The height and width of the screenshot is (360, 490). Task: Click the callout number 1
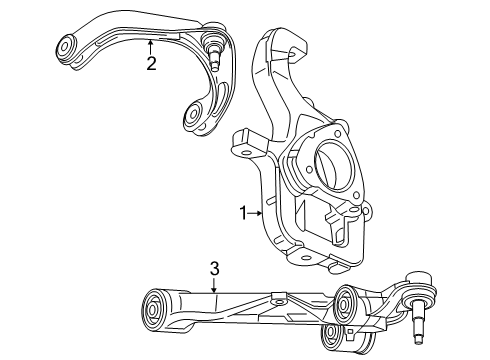(241, 212)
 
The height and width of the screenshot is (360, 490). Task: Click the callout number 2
(151, 65)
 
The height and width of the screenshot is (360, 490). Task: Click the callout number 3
(214, 268)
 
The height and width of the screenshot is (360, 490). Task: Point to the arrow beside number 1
(258, 212)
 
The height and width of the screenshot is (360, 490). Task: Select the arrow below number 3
(214, 287)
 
